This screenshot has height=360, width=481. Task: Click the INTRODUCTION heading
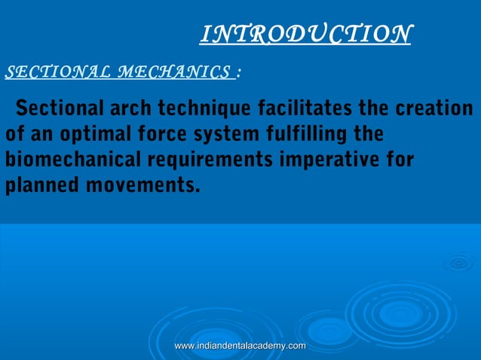tap(305, 34)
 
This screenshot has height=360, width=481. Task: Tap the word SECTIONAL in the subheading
tap(55, 72)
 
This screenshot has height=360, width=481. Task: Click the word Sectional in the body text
tap(57, 108)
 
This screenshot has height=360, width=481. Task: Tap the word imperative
tap(339, 161)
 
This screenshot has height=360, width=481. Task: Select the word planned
tap(38, 185)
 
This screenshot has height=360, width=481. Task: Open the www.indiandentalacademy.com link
tap(240, 345)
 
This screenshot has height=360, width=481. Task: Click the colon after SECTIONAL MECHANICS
tap(238, 73)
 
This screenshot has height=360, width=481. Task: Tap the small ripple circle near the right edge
tap(458, 262)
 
